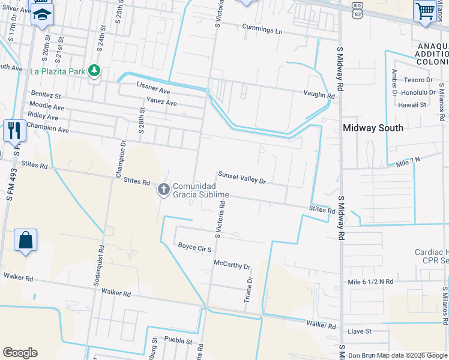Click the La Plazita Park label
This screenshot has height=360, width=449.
[58, 71]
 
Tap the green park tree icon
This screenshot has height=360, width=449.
[94, 71]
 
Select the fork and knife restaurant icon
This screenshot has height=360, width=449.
[13, 130]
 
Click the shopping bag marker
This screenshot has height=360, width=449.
[26, 240]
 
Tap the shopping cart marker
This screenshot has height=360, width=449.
[425, 11]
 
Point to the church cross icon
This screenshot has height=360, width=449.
[163, 190]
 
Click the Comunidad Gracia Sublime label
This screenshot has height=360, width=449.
[201, 190]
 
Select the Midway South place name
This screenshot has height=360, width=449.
[373, 128]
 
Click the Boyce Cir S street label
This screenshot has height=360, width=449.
[195, 246]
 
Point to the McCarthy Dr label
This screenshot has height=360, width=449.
[232, 265]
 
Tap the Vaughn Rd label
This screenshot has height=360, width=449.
[319, 95]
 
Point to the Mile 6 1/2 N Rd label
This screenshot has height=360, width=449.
[370, 281]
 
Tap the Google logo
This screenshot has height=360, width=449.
[20, 353]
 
